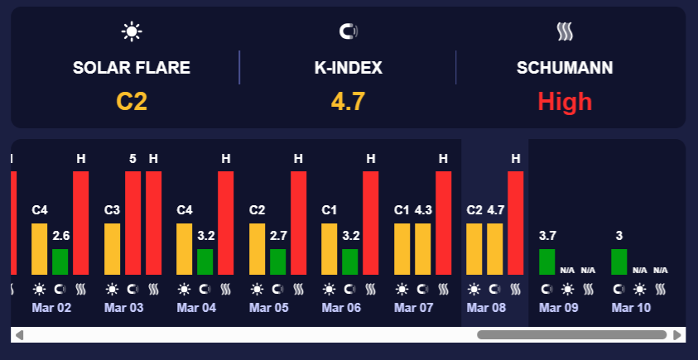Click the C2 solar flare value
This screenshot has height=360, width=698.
[132, 101]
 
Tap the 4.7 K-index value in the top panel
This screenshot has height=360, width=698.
[349, 101]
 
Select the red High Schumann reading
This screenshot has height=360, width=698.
[565, 101]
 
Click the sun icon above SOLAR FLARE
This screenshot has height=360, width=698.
[132, 31]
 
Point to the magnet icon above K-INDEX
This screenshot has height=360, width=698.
[349, 31]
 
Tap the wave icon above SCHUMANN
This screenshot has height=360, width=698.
[565, 31]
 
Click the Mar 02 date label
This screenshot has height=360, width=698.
[51, 307]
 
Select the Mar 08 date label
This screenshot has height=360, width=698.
[486, 307]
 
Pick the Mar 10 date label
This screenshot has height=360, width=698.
[631, 307]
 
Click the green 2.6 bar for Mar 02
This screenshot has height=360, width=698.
[60, 262]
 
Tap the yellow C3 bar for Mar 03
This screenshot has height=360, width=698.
[112, 248]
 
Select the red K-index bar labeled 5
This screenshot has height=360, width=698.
[132, 222]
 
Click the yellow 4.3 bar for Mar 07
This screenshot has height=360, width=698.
[422, 248]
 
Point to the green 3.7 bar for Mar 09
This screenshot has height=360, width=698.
[546, 262]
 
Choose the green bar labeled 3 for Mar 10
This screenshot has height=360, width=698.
[619, 262]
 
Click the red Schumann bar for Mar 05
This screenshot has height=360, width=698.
[298, 222]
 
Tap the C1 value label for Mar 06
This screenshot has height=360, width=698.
[330, 209]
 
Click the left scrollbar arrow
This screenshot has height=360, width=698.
[20, 335]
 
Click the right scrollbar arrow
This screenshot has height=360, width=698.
[677, 335]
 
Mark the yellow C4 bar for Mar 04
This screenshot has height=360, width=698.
[184, 248]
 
